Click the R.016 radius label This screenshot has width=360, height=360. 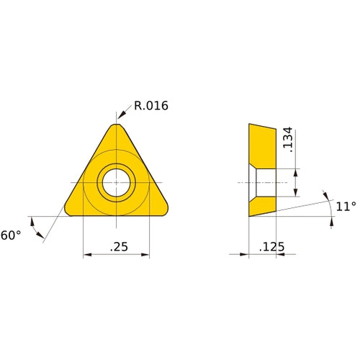point(150,106)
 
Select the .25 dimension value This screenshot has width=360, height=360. point(119,246)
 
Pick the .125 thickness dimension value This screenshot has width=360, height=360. point(271,247)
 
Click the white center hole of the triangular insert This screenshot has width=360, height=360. point(116,182)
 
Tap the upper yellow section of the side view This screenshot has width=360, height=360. point(262,144)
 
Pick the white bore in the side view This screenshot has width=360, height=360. point(265,182)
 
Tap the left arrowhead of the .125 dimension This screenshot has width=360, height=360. point(245,254)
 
